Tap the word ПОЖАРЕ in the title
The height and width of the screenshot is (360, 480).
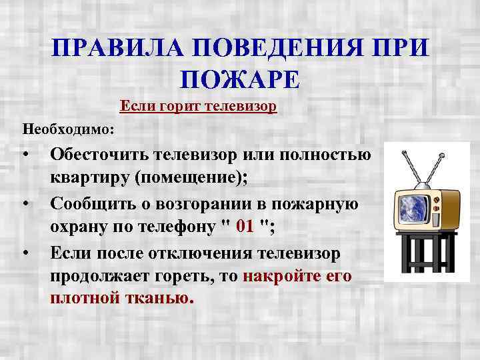(241, 79)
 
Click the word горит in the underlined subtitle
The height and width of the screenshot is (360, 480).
(177, 107)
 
